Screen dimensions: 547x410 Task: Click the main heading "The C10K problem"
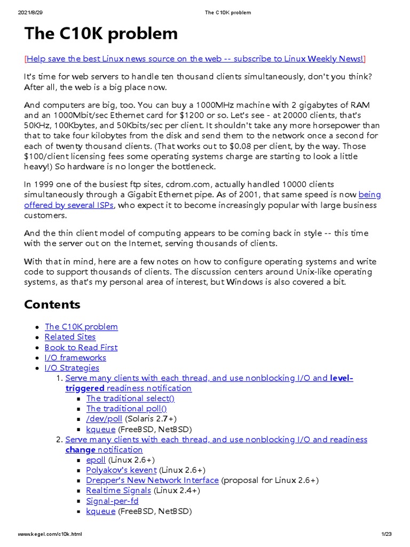(101, 34)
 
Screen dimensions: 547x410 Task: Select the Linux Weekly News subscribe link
(195, 59)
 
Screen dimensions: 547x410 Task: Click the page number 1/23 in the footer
(387, 534)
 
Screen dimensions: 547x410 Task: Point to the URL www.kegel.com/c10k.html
(50, 534)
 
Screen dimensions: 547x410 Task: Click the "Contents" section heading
(52, 304)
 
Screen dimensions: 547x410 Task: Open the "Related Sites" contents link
(70, 337)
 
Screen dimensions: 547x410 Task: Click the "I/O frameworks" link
(75, 357)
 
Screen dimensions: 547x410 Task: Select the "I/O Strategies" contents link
(72, 368)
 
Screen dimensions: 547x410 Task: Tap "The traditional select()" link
(130, 398)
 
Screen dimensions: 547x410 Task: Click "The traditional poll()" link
(126, 409)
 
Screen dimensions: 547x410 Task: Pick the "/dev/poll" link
(104, 419)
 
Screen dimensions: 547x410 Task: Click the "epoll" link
(96, 460)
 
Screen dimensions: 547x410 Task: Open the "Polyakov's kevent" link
(121, 470)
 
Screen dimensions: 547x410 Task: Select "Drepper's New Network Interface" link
(152, 480)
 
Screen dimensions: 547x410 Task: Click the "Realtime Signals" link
(119, 490)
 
